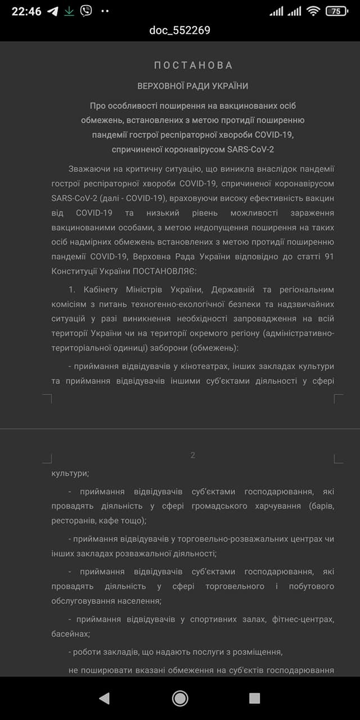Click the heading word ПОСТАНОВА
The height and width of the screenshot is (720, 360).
click(x=193, y=65)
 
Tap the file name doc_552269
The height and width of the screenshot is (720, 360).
click(x=180, y=30)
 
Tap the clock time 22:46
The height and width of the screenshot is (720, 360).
click(x=26, y=11)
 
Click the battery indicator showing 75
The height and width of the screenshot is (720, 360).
click(x=336, y=11)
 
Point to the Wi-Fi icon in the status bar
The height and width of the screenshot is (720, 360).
click(x=313, y=11)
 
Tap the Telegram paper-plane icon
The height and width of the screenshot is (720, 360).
click(x=53, y=11)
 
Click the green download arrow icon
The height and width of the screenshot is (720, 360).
click(x=69, y=11)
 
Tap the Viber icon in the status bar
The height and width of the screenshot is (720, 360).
click(x=85, y=11)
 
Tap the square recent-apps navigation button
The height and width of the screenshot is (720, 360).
click(x=254, y=698)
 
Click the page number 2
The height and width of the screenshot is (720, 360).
click(x=193, y=455)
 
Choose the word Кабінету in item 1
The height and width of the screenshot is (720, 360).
click(x=100, y=290)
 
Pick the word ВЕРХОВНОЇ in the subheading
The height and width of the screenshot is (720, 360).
click(x=160, y=86)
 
